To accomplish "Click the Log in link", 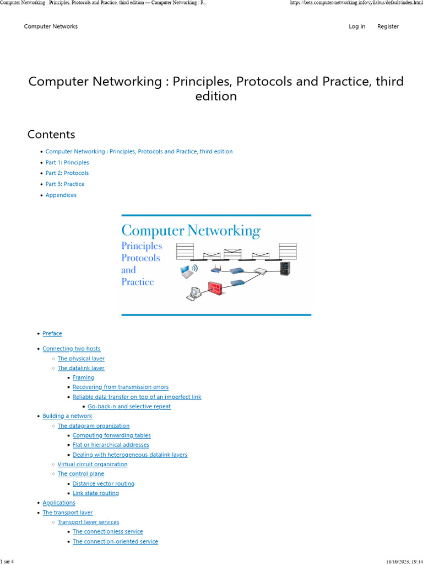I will tap(357, 26).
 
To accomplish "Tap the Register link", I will tap(388, 26).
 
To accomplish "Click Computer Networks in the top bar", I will tap(51, 26).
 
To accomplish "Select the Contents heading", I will tap(51, 135).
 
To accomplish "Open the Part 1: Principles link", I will tap(67, 163).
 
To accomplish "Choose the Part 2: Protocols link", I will tap(67, 173).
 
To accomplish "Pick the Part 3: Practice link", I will tap(65, 184).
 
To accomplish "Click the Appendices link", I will tap(61, 195).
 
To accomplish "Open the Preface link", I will tap(52, 334).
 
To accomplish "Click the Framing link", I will tap(84, 378).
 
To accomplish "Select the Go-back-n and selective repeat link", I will tap(129, 407).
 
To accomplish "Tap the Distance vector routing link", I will tap(104, 484).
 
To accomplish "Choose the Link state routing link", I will tap(96, 493).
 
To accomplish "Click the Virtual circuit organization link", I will tap(93, 465).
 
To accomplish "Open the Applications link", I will tap(59, 503).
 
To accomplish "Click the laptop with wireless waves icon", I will tap(188, 271).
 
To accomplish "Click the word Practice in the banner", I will tap(138, 282).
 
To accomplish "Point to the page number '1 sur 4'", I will tap(7, 562).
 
